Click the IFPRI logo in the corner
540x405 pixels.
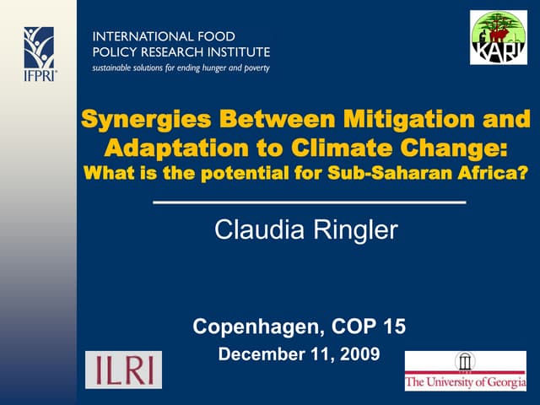point(39,51)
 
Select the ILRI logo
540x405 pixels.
point(123,370)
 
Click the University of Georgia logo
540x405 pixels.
point(465,370)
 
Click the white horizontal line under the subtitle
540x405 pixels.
point(309,202)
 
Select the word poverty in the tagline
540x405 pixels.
point(251,67)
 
